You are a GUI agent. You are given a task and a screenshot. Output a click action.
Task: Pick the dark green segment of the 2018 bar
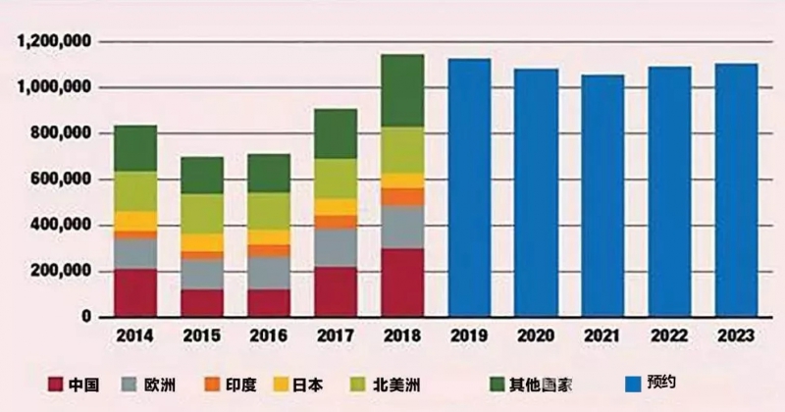(x=402, y=90)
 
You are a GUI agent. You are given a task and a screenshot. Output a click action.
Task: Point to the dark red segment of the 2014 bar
(x=135, y=290)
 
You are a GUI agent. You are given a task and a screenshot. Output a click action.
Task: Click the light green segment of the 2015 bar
(x=202, y=213)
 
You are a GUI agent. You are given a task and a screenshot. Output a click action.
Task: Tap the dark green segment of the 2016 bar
(x=269, y=173)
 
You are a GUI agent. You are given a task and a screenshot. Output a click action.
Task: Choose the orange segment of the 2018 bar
(x=402, y=196)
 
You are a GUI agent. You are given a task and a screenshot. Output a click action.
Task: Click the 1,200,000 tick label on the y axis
(x=55, y=42)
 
